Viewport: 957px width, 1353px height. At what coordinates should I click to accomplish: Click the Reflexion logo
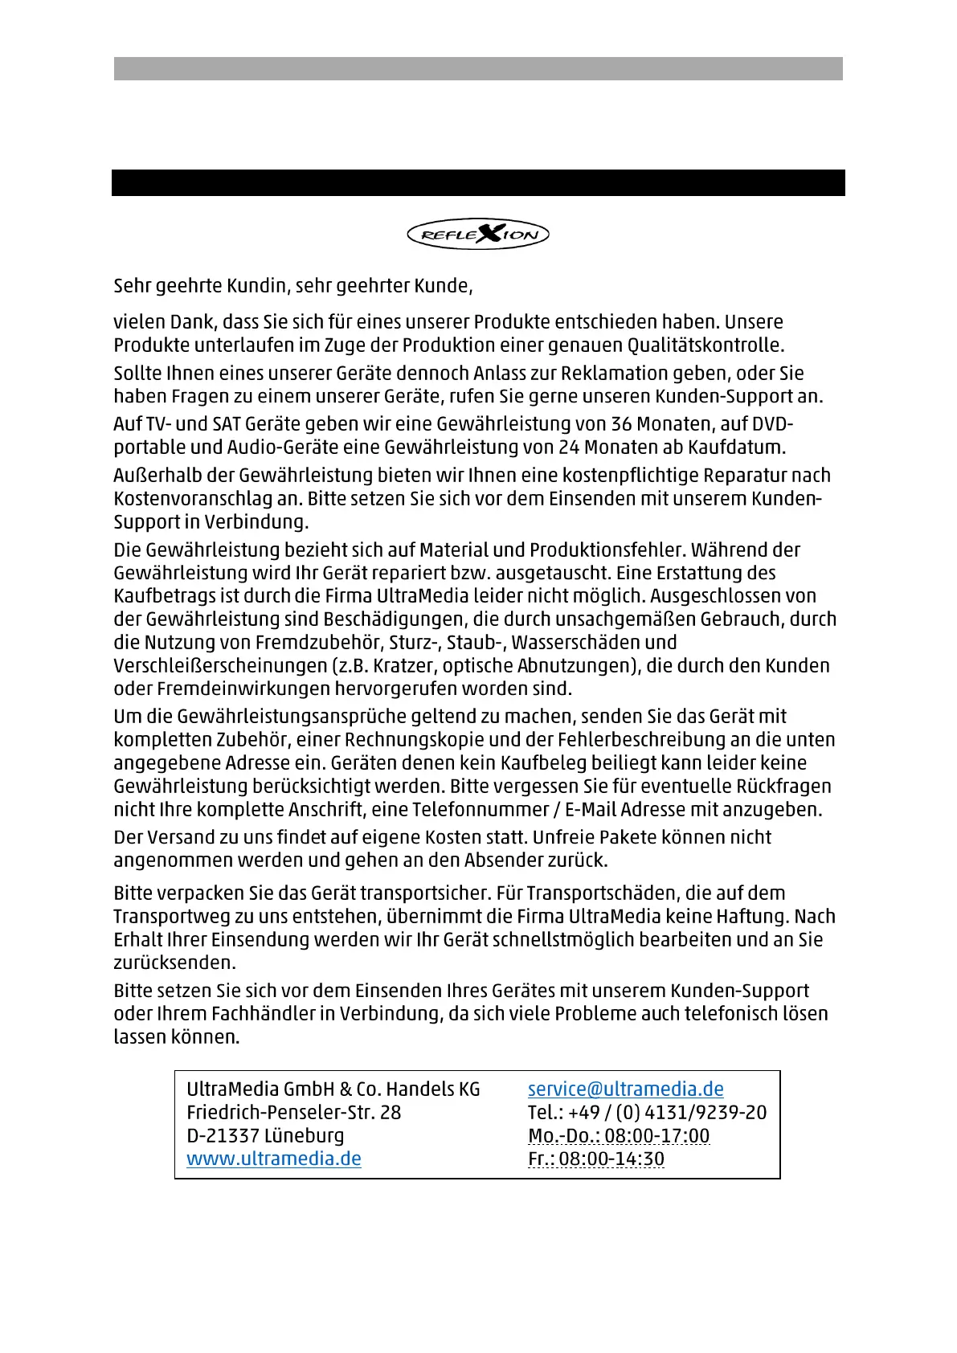pyautogui.click(x=478, y=235)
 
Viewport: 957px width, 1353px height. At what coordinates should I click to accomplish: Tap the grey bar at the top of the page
pyautogui.click(x=478, y=68)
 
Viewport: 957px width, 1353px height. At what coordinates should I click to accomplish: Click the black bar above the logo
pyautogui.click(x=478, y=182)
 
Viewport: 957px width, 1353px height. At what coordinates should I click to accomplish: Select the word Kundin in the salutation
pyautogui.click(x=258, y=286)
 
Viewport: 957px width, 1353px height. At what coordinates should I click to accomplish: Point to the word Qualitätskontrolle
pyautogui.click(x=705, y=345)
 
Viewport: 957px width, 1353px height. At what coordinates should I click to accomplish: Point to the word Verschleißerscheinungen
pyautogui.click(x=219, y=666)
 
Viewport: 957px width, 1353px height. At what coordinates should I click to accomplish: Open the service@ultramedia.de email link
pyautogui.click(x=625, y=1089)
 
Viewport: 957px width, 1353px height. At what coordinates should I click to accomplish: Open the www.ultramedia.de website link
pyautogui.click(x=274, y=1159)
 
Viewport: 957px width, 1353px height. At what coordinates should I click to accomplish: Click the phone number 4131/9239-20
pyautogui.click(x=705, y=1113)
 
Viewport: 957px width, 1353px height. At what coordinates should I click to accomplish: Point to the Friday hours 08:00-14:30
pyautogui.click(x=611, y=1159)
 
